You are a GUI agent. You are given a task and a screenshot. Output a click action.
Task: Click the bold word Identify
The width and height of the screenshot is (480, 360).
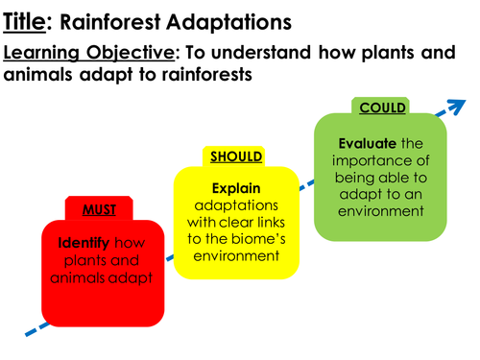(74, 242)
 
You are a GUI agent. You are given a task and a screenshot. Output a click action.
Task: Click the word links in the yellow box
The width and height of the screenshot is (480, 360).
(266, 222)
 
